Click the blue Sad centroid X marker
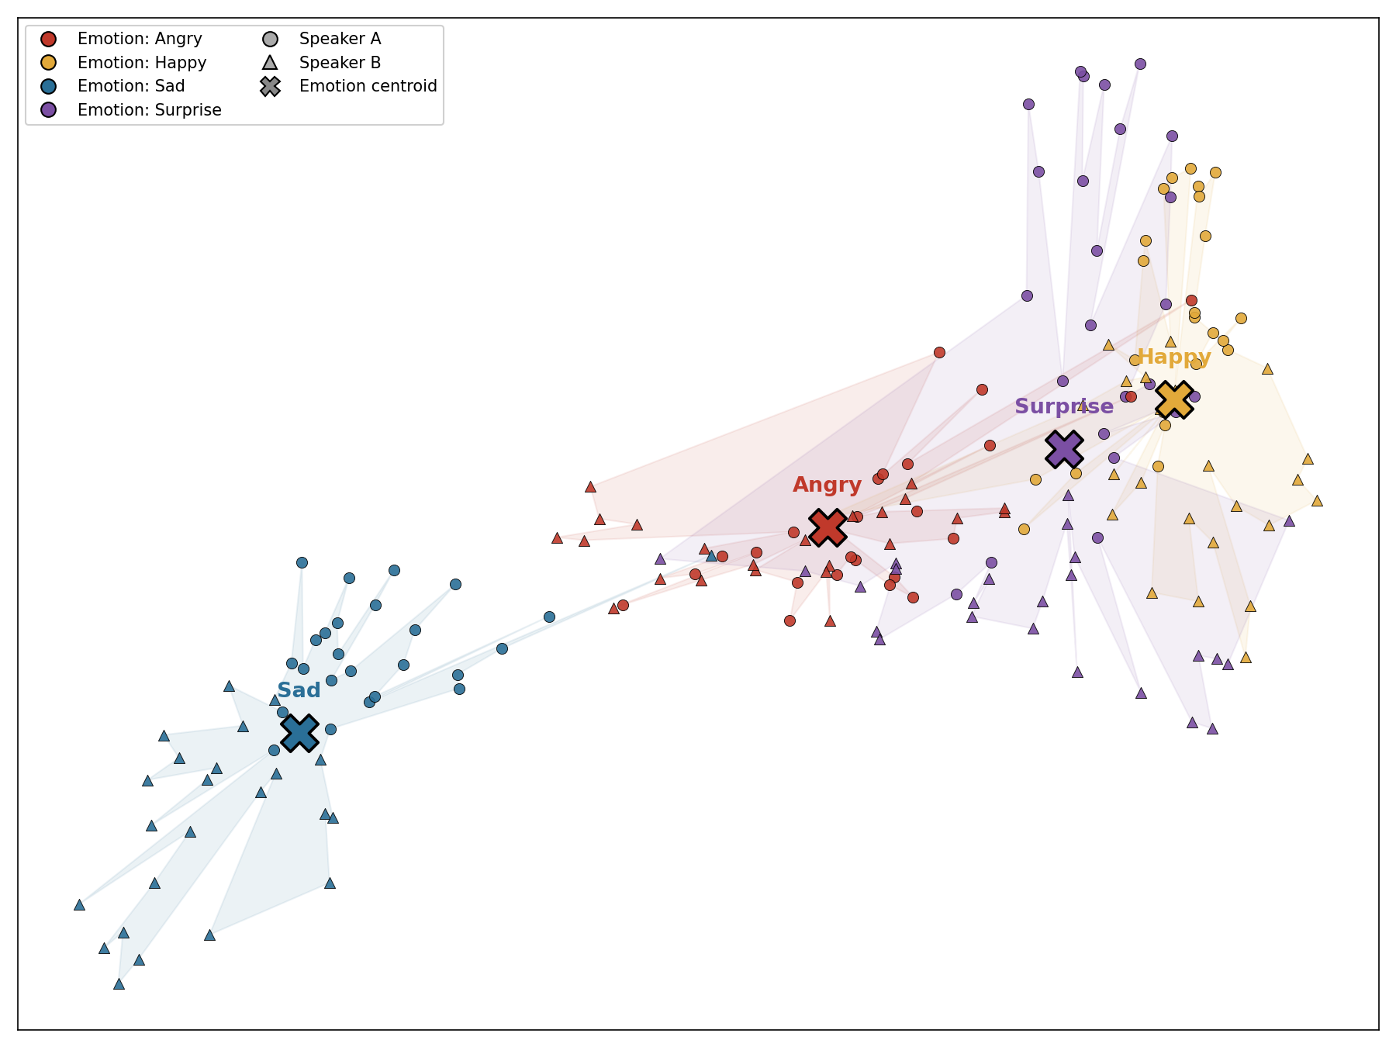coord(299,733)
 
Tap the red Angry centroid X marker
coord(828,527)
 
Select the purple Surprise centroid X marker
coord(1064,449)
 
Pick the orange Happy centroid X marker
coord(1174,400)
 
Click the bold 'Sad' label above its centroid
coord(299,691)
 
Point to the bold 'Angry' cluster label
coord(827,485)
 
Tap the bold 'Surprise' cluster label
coord(1064,406)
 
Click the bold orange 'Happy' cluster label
coord(1174,358)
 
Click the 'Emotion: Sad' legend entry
coord(116,86)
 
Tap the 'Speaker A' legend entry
coord(321,39)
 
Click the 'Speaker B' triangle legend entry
coord(321,63)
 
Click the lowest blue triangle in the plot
coord(119,984)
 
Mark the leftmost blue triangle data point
coord(79,905)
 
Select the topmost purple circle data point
coord(1140,64)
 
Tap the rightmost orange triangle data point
coord(1317,501)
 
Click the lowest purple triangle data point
coord(1212,729)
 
